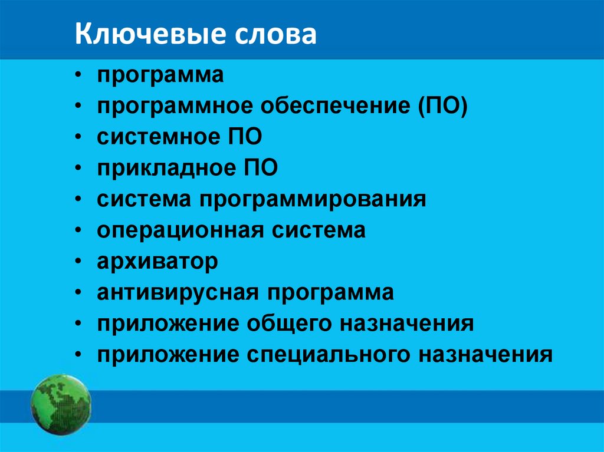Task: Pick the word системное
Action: point(157,137)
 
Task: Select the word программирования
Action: point(316,199)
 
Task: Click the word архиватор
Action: point(157,262)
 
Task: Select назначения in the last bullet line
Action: point(486,355)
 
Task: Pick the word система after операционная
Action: point(319,230)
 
